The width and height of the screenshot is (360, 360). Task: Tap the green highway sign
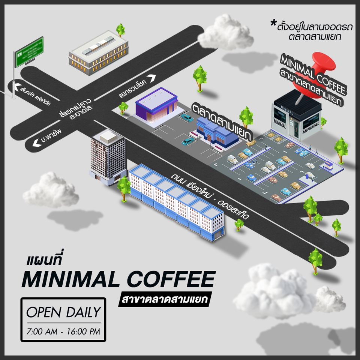point(29,50)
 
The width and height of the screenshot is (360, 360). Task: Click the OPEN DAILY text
point(63,312)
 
